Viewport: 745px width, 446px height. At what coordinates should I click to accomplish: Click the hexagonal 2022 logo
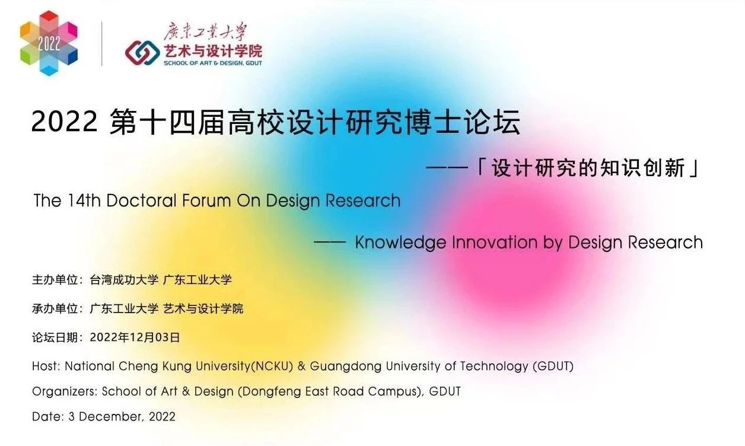pyautogui.click(x=49, y=43)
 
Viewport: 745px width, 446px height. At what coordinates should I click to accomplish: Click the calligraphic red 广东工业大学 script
pyautogui.click(x=205, y=31)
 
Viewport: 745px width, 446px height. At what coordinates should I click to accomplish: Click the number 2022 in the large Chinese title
pyautogui.click(x=64, y=123)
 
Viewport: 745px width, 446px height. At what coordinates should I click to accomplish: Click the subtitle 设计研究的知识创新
pyautogui.click(x=587, y=168)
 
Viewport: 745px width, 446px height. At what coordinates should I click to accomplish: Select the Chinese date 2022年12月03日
pyautogui.click(x=135, y=338)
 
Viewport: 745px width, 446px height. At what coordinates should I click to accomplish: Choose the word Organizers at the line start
pyautogui.click(x=65, y=391)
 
